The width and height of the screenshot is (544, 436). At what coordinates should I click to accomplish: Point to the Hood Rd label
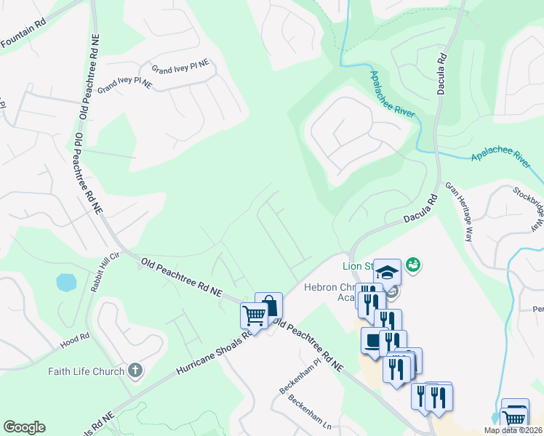click(76, 338)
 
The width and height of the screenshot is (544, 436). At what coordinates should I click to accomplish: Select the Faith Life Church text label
click(87, 372)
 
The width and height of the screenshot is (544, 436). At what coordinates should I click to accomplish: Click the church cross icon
click(135, 371)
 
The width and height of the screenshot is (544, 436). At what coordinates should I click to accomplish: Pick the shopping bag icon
click(268, 305)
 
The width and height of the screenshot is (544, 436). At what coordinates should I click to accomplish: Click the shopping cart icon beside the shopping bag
click(254, 315)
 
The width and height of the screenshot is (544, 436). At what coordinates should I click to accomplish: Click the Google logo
click(24, 427)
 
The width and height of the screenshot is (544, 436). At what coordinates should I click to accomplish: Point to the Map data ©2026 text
click(513, 430)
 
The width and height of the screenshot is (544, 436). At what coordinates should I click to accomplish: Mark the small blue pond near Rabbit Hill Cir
click(65, 282)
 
